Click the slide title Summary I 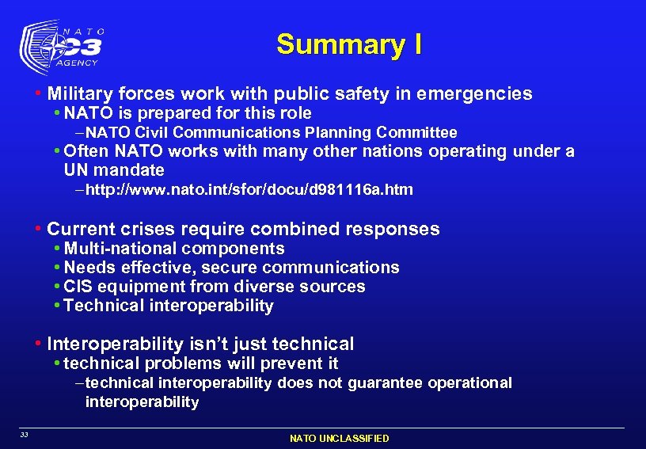pyautogui.click(x=348, y=44)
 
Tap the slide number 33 pyautogui.click(x=25, y=434)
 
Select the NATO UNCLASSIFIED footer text pyautogui.click(x=339, y=438)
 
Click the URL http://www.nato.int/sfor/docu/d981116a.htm pyautogui.click(x=249, y=190)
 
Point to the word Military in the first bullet pyautogui.click(x=79, y=94)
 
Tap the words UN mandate pyautogui.click(x=114, y=170)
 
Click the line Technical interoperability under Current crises pyautogui.click(x=169, y=306)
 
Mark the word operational pyautogui.click(x=470, y=382)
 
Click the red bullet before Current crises pyautogui.click(x=38, y=230)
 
